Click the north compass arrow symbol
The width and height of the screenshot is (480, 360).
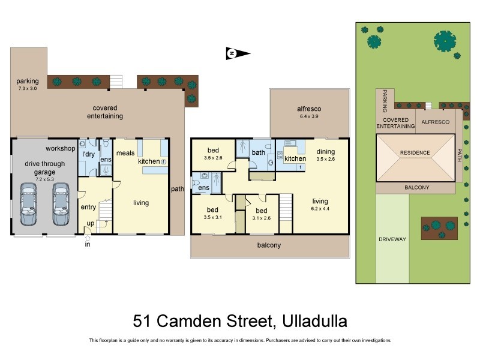coord(237,53)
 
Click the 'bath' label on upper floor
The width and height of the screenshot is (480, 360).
coord(259,152)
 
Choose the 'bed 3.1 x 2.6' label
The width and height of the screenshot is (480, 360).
coord(261,214)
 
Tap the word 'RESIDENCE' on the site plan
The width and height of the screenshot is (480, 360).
coord(415,152)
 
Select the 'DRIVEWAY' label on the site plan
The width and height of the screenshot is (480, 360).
coord(392,239)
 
